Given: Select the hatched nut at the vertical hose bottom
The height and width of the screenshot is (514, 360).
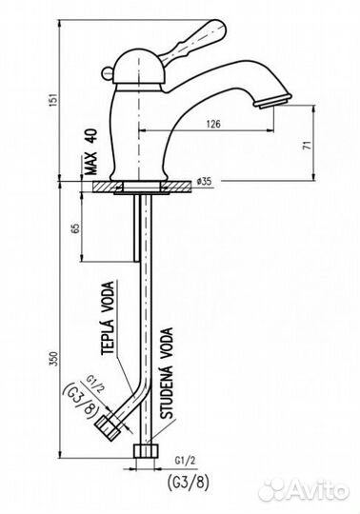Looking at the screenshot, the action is coord(146,450).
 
